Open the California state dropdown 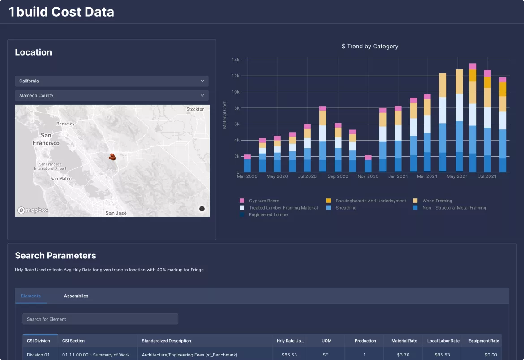pyautogui.click(x=112, y=81)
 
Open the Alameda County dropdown pyautogui.click(x=112, y=95)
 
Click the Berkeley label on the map pyautogui.click(x=65, y=124)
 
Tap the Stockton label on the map pyautogui.click(x=195, y=109)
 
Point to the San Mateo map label pyautogui.click(x=61, y=179)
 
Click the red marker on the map pyautogui.click(x=113, y=157)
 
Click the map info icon pyautogui.click(x=202, y=209)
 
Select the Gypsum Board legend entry pyautogui.click(x=264, y=201)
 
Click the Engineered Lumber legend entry pyautogui.click(x=269, y=215)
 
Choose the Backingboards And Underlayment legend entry pyautogui.click(x=370, y=201)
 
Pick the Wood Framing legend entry pyautogui.click(x=437, y=201)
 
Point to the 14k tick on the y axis pyautogui.click(x=236, y=60)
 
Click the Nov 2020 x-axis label pyautogui.click(x=368, y=176)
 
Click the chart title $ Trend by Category pyautogui.click(x=369, y=46)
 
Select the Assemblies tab pyautogui.click(x=76, y=296)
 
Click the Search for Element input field pyautogui.click(x=100, y=319)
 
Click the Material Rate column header pyautogui.click(x=404, y=341)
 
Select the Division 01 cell pyautogui.click(x=39, y=355)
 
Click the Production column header pyautogui.click(x=365, y=341)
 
